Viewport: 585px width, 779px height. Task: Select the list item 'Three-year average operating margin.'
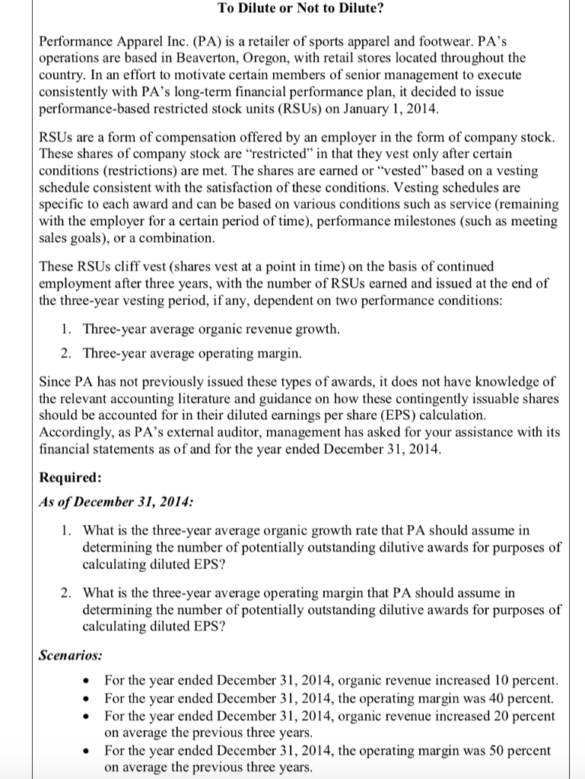pyautogui.click(x=193, y=353)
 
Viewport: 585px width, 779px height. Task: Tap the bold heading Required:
pyautogui.click(x=69, y=477)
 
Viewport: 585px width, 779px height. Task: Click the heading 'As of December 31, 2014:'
pyautogui.click(x=116, y=502)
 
